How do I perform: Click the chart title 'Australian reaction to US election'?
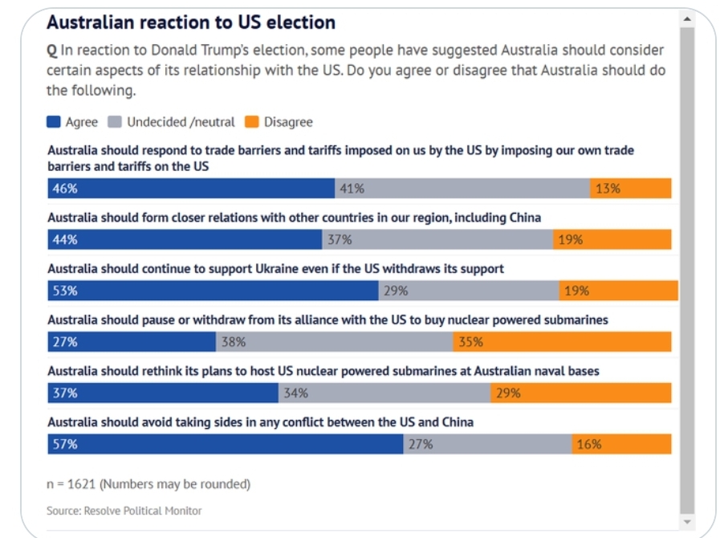[191, 22]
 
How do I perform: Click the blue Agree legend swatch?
[54, 122]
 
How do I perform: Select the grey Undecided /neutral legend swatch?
[115, 122]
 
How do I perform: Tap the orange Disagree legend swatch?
[251, 122]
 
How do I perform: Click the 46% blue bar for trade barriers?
[191, 189]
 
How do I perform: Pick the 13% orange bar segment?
[631, 189]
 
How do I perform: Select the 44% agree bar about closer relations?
[185, 239]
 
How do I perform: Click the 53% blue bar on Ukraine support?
[213, 291]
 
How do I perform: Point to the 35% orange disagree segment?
[562, 342]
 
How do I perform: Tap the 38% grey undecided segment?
[335, 342]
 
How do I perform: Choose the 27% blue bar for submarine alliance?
[132, 342]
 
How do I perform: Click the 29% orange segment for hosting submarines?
[581, 393]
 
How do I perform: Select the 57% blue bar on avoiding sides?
[226, 444]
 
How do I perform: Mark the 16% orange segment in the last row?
[622, 444]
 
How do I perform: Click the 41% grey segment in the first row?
[462, 189]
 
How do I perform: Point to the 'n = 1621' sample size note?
[148, 483]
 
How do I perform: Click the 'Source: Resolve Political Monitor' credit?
[124, 511]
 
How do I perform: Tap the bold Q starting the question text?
[52, 50]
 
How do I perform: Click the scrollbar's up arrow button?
[686, 18]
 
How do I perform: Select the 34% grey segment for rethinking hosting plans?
[384, 393]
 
